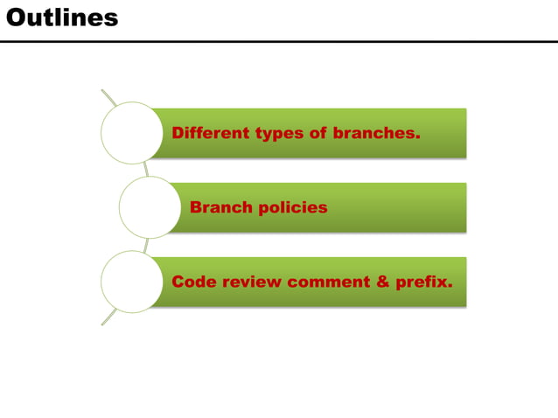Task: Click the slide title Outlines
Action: [62, 17]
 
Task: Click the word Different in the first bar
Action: [211, 134]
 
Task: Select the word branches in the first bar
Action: [373, 134]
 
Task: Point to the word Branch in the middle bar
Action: [220, 208]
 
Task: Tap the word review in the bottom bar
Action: [252, 282]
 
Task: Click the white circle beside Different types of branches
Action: [131, 133]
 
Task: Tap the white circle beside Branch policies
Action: [149, 207]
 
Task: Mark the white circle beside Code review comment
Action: [131, 282]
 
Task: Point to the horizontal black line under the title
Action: [279, 41]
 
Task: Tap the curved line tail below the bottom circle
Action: [108, 319]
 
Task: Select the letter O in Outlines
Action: [15, 17]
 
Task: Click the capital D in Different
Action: [178, 134]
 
